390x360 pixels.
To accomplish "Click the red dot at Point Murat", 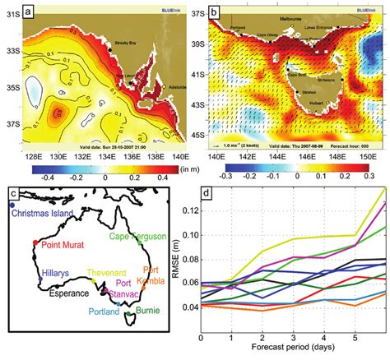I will (x=34, y=243).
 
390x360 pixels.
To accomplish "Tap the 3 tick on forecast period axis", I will (x=292, y=338).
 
